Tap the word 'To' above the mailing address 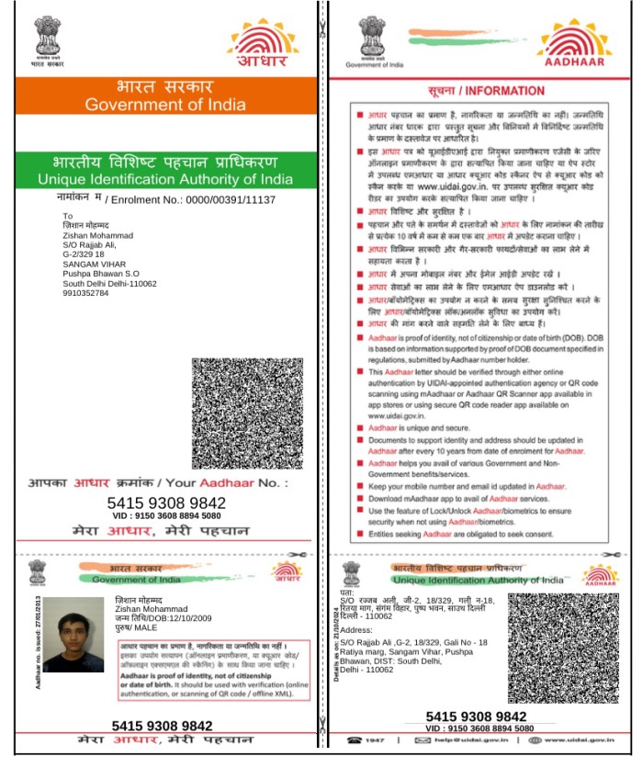tap(66, 215)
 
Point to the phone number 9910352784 tap(85, 294)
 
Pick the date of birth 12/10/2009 tap(183, 618)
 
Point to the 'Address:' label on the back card tap(356, 630)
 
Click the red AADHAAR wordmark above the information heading tap(578, 63)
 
